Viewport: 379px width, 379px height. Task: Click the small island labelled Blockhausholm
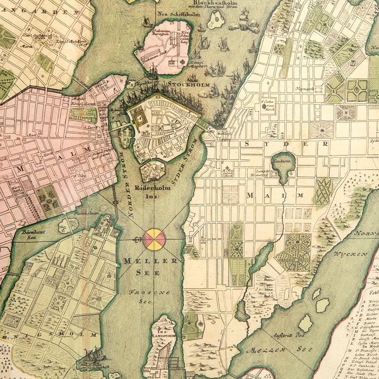click(216, 21)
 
